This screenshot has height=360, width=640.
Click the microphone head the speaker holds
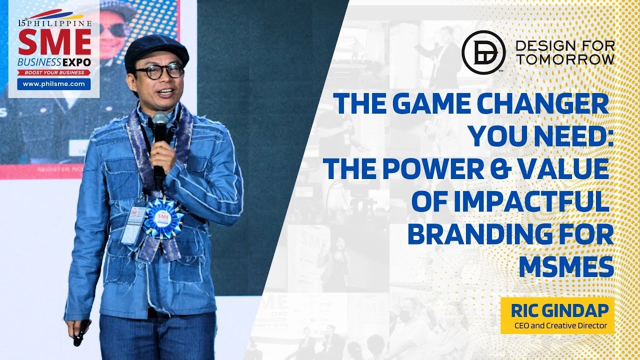tap(160, 120)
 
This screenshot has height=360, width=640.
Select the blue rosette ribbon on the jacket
tap(163, 218)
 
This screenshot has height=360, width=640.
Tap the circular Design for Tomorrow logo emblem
tap(483, 52)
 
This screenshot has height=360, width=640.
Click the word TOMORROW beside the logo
tap(564, 59)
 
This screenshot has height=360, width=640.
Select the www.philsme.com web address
tap(54, 84)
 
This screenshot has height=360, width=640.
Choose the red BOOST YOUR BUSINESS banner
tap(54, 72)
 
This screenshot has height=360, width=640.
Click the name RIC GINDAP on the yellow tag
tap(559, 311)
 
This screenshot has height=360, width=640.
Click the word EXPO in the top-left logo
tap(76, 62)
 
